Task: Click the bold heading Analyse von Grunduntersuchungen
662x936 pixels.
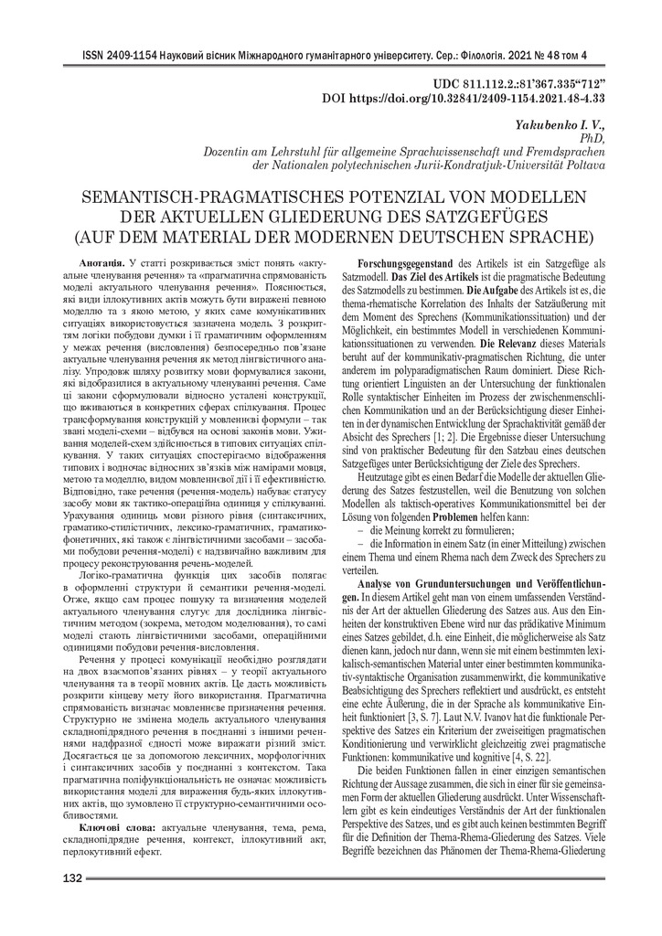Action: (485, 582)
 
